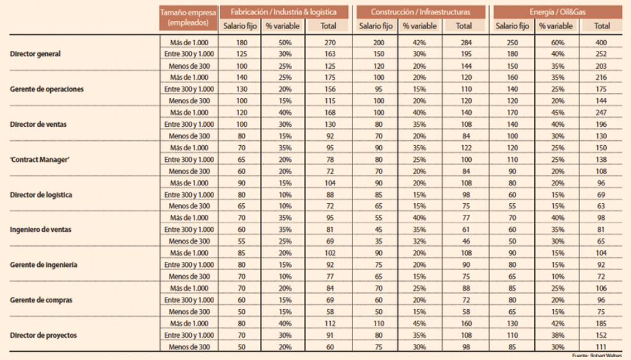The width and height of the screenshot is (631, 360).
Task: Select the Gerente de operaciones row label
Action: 48,89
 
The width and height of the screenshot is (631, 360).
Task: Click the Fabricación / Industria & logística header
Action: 285,11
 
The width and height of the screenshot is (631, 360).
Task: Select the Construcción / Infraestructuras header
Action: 421,11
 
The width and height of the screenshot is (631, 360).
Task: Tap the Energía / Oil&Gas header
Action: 558,11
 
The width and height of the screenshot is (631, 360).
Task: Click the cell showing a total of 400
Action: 601,42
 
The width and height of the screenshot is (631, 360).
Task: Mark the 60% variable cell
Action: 556,42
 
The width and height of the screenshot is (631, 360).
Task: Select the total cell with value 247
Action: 601,112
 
